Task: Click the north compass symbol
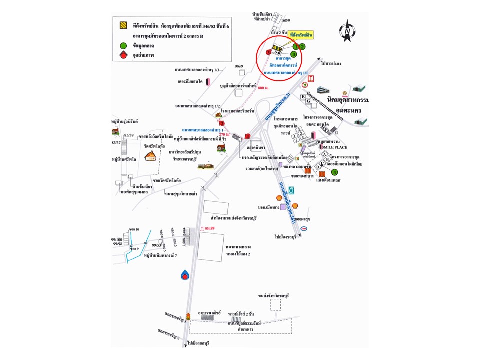tap(346, 30)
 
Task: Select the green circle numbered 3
tap(294, 54)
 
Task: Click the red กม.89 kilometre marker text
tap(204, 229)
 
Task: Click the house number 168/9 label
tap(285, 20)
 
